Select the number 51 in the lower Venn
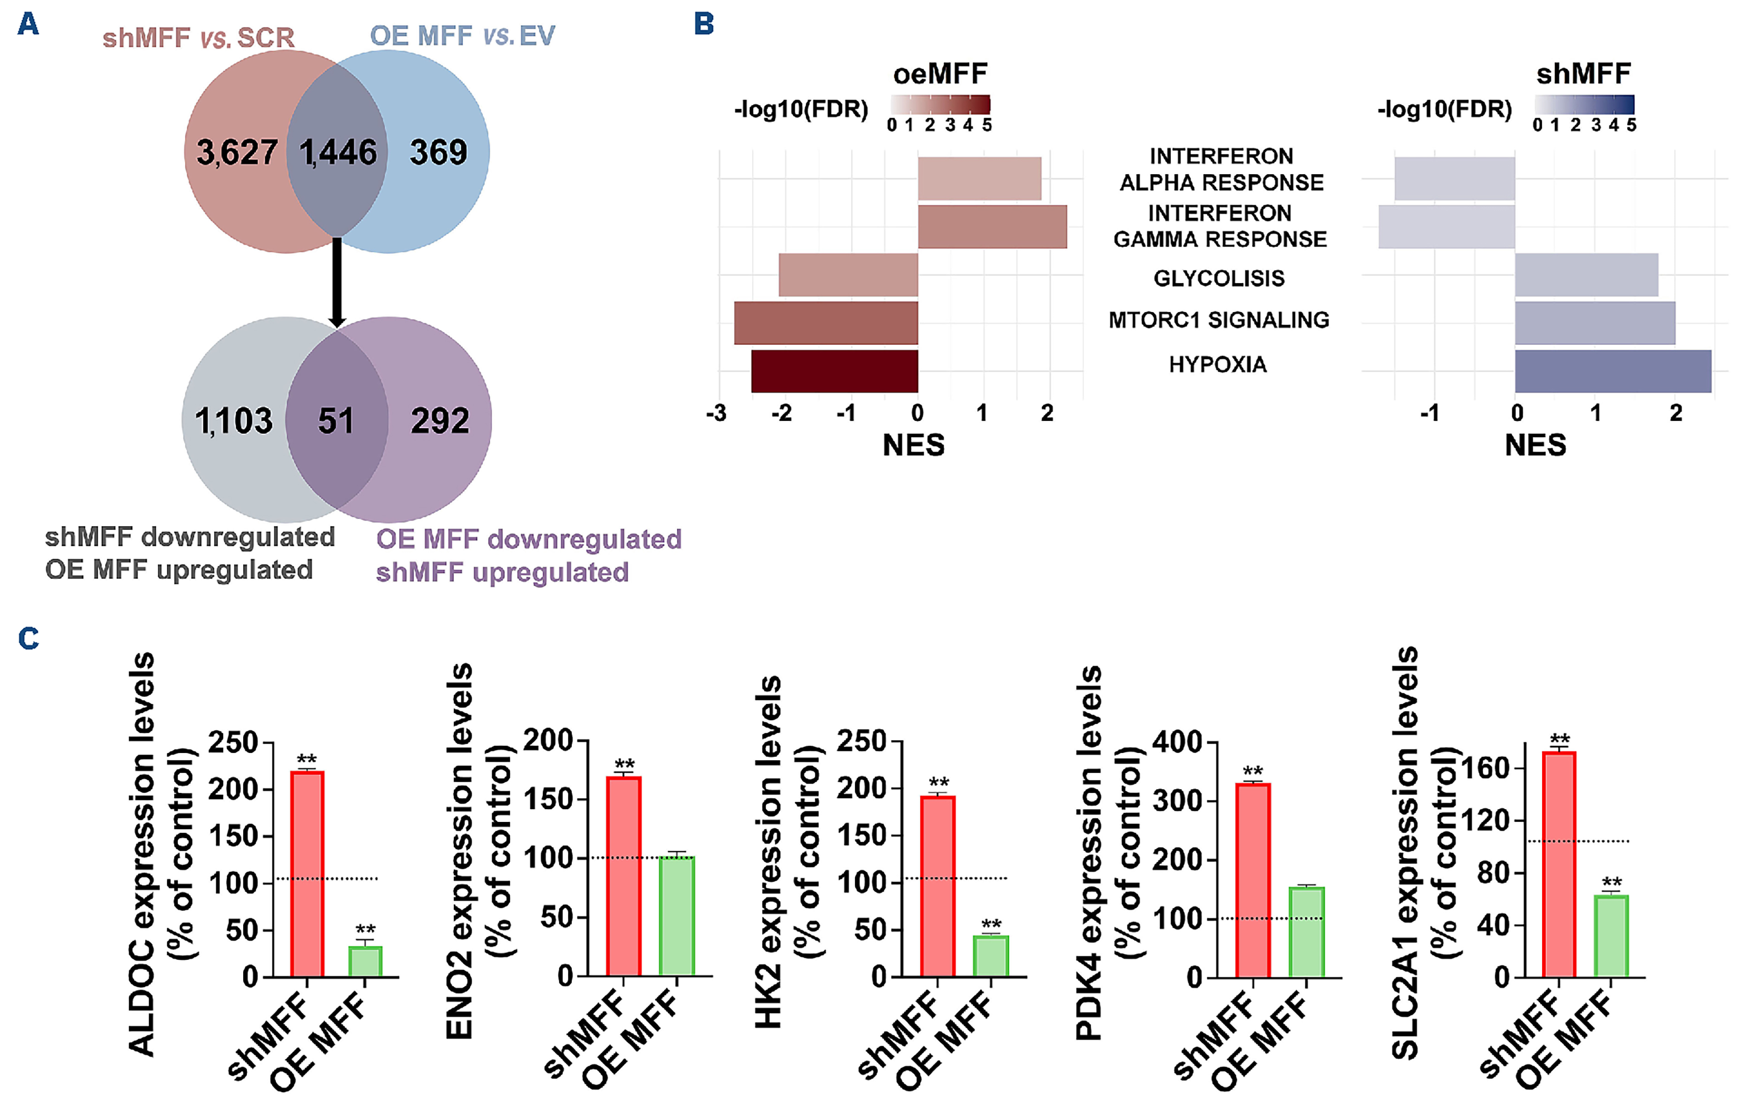click(336, 421)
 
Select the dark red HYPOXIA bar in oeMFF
click(835, 371)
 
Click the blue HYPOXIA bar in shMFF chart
click(1612, 371)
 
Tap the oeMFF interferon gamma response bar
click(992, 227)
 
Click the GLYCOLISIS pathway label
click(1219, 278)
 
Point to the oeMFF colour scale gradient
click(940, 105)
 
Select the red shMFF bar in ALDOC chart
click(307, 873)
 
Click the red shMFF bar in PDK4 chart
click(1253, 880)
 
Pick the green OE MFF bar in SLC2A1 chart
click(1611, 936)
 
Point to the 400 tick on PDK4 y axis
click(1177, 742)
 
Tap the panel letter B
click(704, 24)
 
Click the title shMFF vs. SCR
click(198, 38)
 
